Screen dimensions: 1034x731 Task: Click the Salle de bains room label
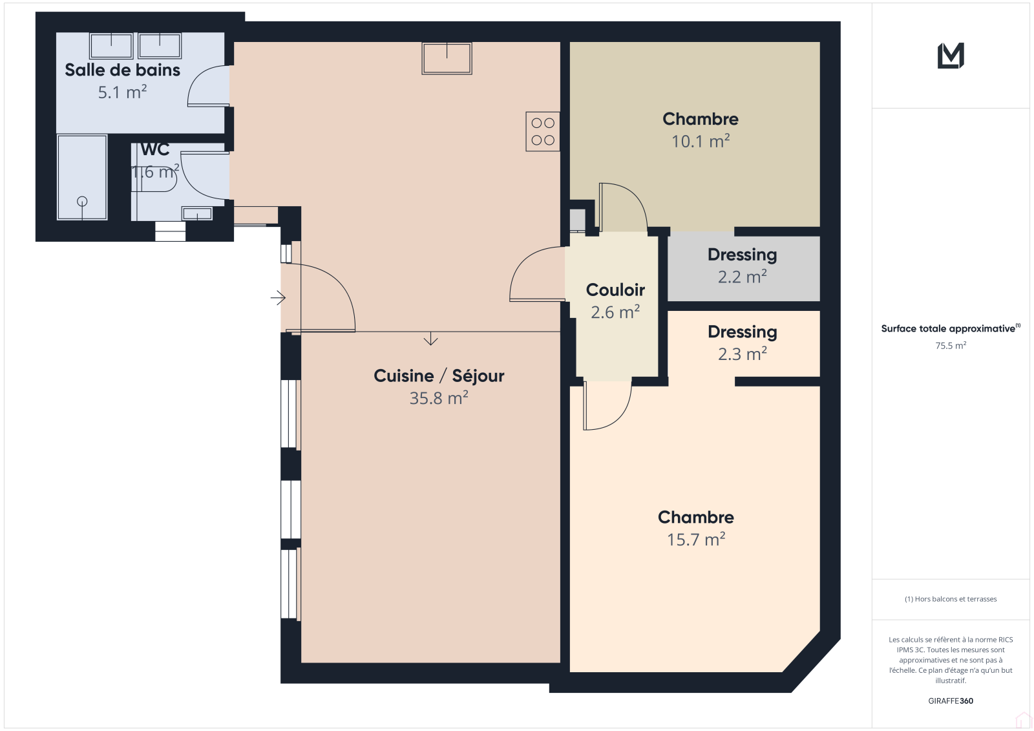pyautogui.click(x=122, y=70)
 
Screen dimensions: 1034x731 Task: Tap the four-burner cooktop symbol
pyautogui.click(x=543, y=132)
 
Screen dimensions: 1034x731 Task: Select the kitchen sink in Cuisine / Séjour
pyautogui.click(x=447, y=59)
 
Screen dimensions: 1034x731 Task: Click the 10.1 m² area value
pyautogui.click(x=701, y=141)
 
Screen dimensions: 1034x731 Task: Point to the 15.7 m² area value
pyautogui.click(x=695, y=539)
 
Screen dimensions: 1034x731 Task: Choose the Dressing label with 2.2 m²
pyautogui.click(x=743, y=255)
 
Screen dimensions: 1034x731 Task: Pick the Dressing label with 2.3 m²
pyautogui.click(x=743, y=332)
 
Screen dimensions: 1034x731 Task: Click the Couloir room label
pyautogui.click(x=615, y=290)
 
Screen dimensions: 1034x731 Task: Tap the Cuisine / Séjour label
pyautogui.click(x=439, y=376)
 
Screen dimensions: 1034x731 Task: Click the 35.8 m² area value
pyautogui.click(x=439, y=397)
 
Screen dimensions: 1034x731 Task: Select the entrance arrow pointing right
pyautogui.click(x=278, y=298)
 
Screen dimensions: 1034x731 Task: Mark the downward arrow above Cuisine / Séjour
pyautogui.click(x=430, y=339)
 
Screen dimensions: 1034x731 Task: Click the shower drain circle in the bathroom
pyautogui.click(x=82, y=202)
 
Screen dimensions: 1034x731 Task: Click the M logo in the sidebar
pyautogui.click(x=951, y=56)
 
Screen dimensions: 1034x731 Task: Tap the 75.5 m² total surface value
pyautogui.click(x=951, y=345)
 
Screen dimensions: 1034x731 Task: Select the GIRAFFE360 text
pyautogui.click(x=951, y=701)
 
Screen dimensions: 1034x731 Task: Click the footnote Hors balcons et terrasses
pyautogui.click(x=951, y=599)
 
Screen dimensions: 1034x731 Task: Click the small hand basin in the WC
pyautogui.click(x=197, y=213)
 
